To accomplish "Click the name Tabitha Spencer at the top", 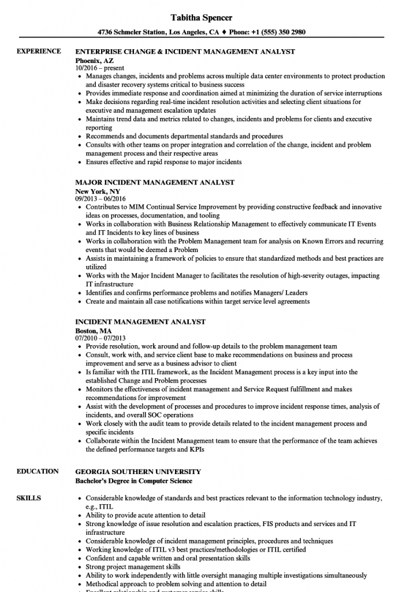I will (205, 17).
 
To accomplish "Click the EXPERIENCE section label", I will (39, 51).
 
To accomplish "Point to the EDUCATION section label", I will (38, 472).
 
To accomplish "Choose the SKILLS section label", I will (29, 498).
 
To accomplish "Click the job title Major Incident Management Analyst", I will (155, 183).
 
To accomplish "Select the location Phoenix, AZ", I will (95, 60).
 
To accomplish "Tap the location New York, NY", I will (99, 191).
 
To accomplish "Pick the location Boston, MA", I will (94, 331).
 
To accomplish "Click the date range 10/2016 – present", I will (99, 68).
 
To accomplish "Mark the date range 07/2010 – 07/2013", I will (100, 338).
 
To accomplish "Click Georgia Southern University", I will (138, 472).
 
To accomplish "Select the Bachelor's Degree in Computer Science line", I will (134, 481).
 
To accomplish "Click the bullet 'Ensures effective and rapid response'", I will (163, 162).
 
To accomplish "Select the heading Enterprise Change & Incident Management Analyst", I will (185, 51).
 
